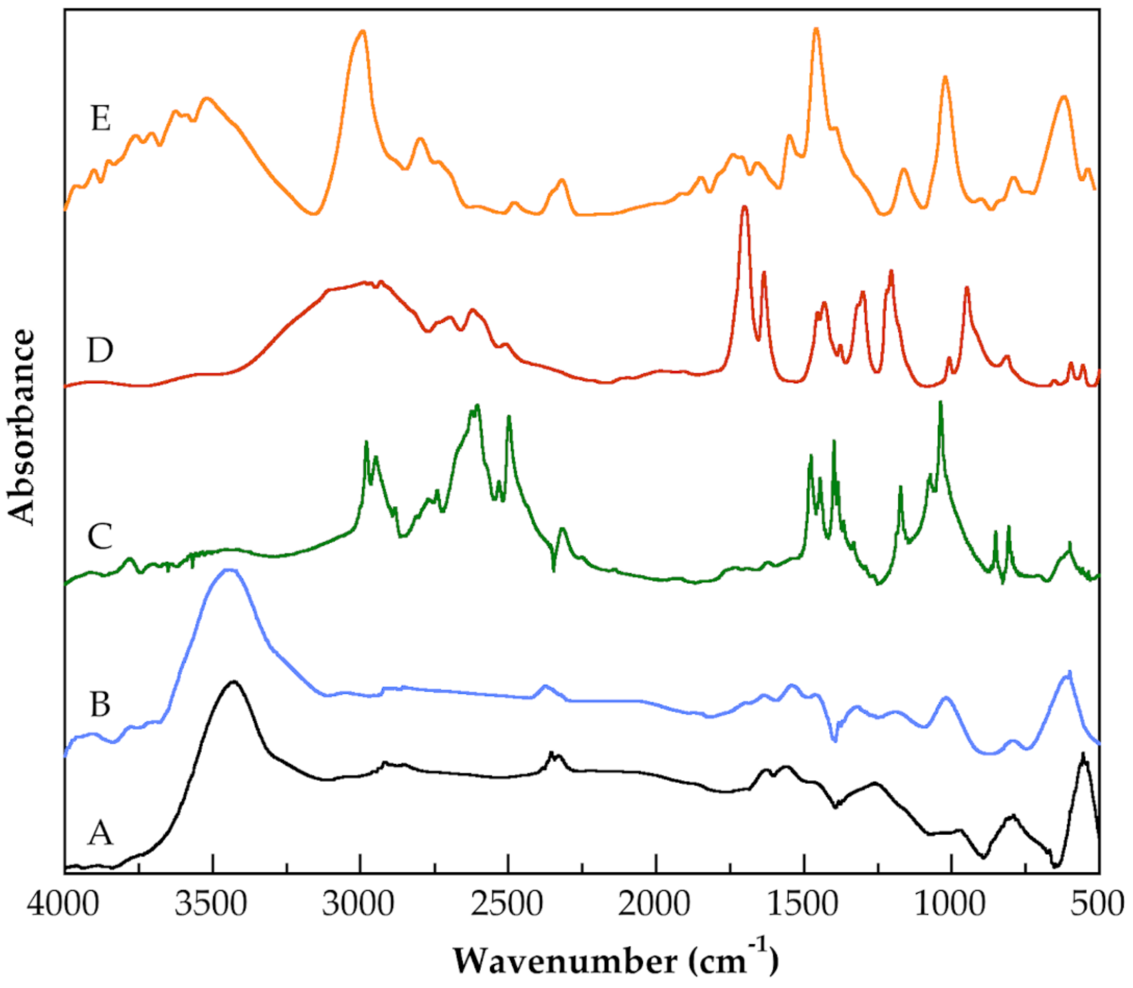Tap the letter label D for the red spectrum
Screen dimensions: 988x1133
pyautogui.click(x=100, y=350)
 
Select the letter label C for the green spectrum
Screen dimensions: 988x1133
pyautogui.click(x=100, y=536)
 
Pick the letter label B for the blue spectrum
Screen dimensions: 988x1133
pyautogui.click(x=100, y=704)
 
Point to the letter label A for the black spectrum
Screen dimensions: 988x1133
pyautogui.click(x=100, y=832)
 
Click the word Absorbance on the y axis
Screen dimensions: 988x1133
pyautogui.click(x=22, y=427)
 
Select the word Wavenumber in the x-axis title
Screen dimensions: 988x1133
pyautogui.click(x=565, y=962)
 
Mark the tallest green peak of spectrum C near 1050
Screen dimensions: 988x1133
pyautogui.click(x=941, y=403)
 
